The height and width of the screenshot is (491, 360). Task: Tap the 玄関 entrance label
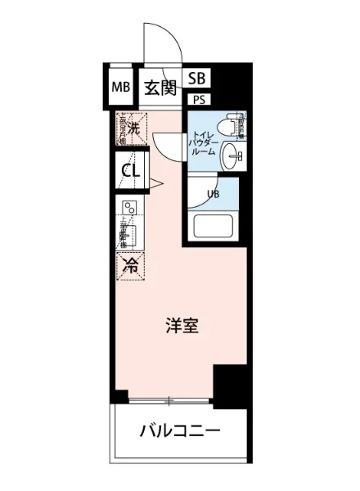click(160, 88)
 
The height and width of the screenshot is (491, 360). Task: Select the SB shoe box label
click(196, 79)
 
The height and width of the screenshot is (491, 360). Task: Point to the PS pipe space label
click(199, 100)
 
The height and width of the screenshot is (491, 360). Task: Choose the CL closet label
click(130, 171)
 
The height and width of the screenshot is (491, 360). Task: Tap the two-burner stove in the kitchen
click(128, 208)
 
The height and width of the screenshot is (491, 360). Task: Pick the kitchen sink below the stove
click(128, 234)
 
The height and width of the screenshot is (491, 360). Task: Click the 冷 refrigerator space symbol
click(129, 265)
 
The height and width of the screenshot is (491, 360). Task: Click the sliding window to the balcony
click(170, 401)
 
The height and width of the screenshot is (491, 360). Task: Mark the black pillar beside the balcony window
click(230, 383)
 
